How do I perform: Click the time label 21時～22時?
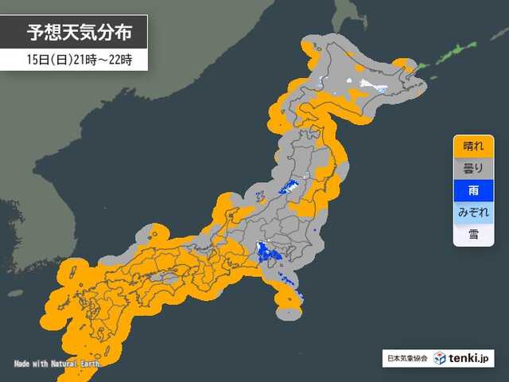pos(106,60)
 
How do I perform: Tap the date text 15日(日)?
pos(47,60)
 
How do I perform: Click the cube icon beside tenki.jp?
pos(440,359)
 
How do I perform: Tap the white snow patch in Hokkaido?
pos(370,83)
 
